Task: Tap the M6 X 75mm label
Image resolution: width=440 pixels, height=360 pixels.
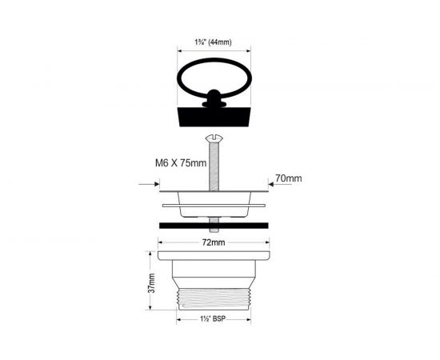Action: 181,162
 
